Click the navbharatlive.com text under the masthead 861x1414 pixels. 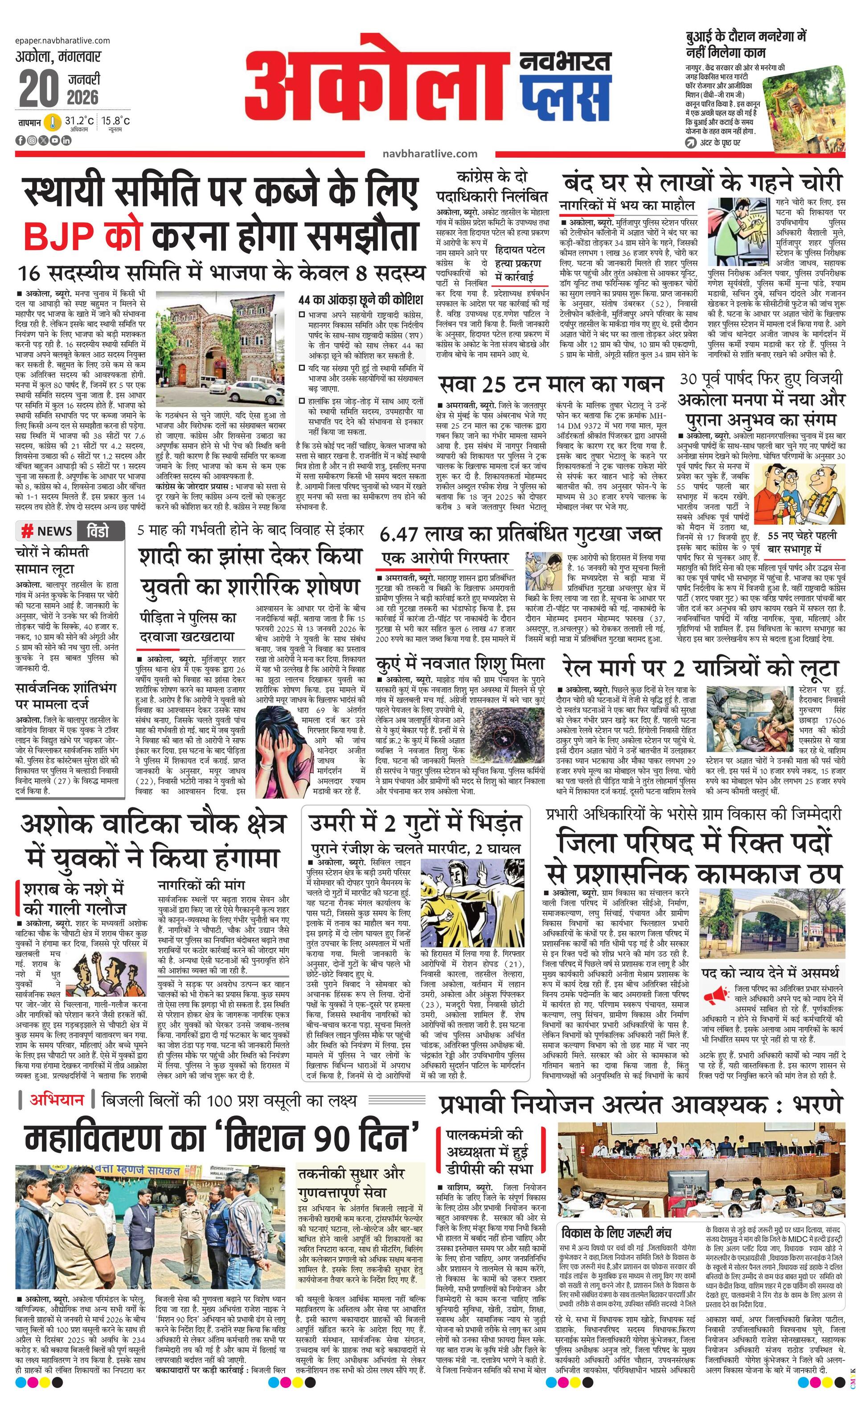[430, 153]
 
